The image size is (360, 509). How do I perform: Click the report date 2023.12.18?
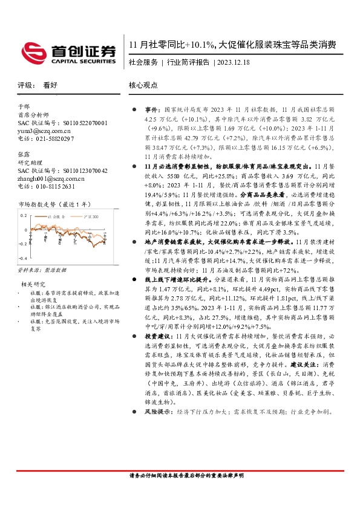point(233,62)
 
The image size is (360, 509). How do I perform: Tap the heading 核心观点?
point(142,86)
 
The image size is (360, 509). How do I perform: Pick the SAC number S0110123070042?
point(83,171)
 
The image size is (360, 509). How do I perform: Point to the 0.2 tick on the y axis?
point(24,215)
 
